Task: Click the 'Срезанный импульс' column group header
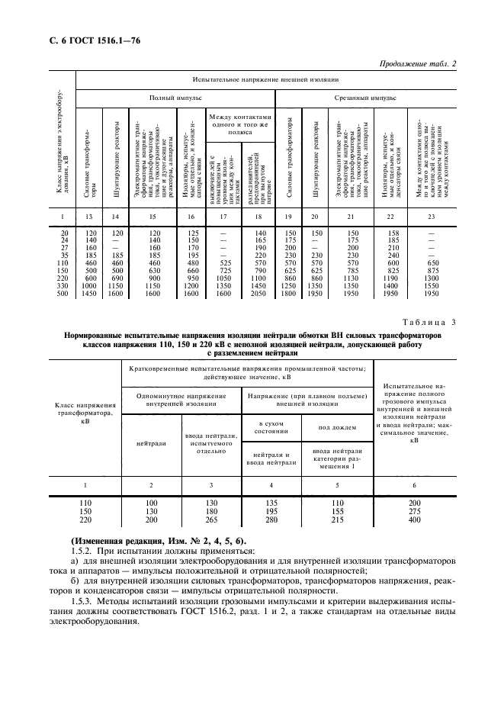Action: (364, 98)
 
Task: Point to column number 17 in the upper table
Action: (223, 217)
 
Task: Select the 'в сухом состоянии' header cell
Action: (271, 427)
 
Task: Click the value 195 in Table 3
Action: (271, 512)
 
